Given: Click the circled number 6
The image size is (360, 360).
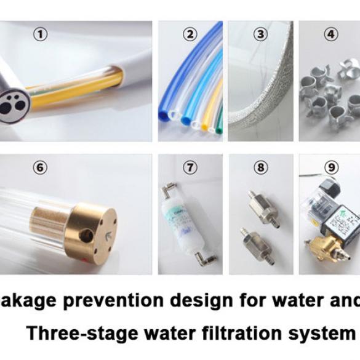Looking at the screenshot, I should click(x=40, y=167).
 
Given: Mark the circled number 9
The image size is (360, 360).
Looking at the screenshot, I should click(x=332, y=167).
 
